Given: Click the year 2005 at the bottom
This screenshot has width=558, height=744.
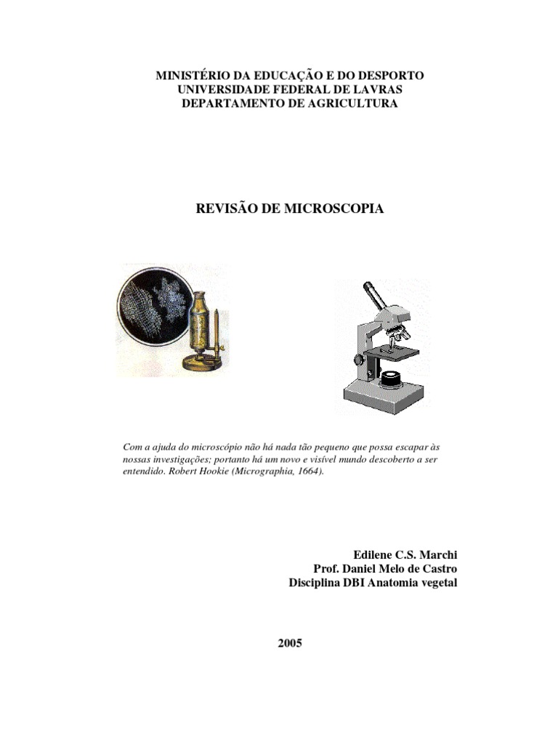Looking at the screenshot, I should pyautogui.click(x=289, y=643).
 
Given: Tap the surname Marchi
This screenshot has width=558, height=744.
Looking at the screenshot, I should pyautogui.click(x=438, y=555).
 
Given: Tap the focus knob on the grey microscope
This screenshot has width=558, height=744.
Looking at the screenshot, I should pyautogui.click(x=358, y=360).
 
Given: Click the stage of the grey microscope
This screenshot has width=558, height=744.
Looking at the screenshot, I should pyautogui.click(x=393, y=352).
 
